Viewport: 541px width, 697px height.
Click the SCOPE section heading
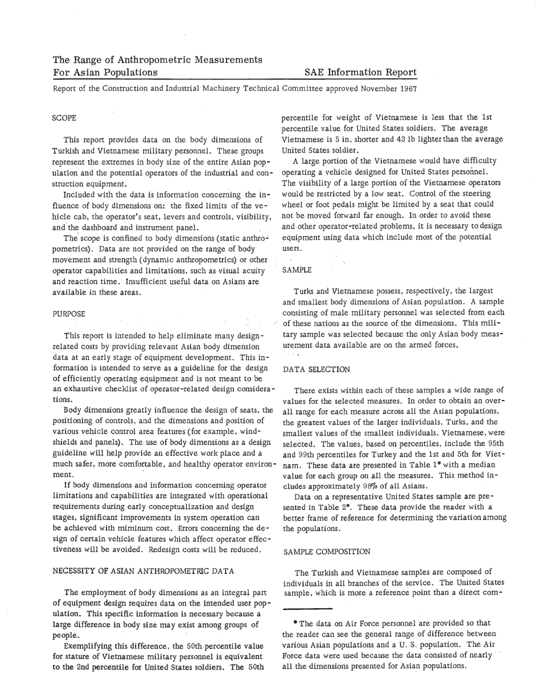coord(64,118)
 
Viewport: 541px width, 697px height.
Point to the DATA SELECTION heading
coord(316,369)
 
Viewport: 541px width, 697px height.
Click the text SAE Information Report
coord(360,73)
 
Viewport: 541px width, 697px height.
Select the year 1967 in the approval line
coord(407,89)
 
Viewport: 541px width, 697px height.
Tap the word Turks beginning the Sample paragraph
coord(305,291)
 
